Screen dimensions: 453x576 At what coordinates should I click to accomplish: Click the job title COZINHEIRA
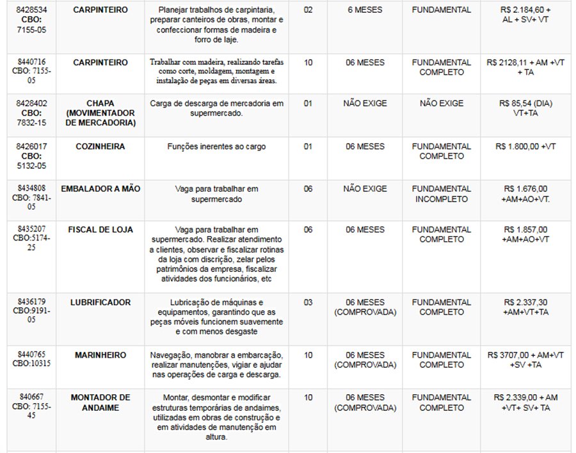100,147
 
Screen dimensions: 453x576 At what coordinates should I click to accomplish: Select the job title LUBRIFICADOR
100,303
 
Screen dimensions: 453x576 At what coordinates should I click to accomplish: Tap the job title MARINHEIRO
100,355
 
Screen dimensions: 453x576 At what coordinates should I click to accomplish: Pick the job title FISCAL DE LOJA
100,230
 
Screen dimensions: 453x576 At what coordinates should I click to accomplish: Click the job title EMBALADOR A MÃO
100,189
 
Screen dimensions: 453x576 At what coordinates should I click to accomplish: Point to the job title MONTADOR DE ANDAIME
100,402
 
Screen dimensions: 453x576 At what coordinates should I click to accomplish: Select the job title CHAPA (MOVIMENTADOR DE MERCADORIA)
100,113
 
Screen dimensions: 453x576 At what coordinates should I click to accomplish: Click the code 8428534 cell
30,20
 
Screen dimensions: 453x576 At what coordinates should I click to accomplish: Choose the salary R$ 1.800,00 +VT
525,147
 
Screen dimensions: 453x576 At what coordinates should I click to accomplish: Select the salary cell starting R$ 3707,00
525,360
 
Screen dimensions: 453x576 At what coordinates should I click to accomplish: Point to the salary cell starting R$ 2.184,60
525,15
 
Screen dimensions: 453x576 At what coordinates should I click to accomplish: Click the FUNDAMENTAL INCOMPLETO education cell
441,194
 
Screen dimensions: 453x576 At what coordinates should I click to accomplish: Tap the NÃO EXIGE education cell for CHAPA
441,104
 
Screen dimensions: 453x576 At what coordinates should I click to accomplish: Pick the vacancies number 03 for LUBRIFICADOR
308,303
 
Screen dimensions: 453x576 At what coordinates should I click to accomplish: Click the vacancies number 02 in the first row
308,11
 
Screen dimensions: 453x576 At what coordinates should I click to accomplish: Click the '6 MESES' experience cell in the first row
364,11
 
